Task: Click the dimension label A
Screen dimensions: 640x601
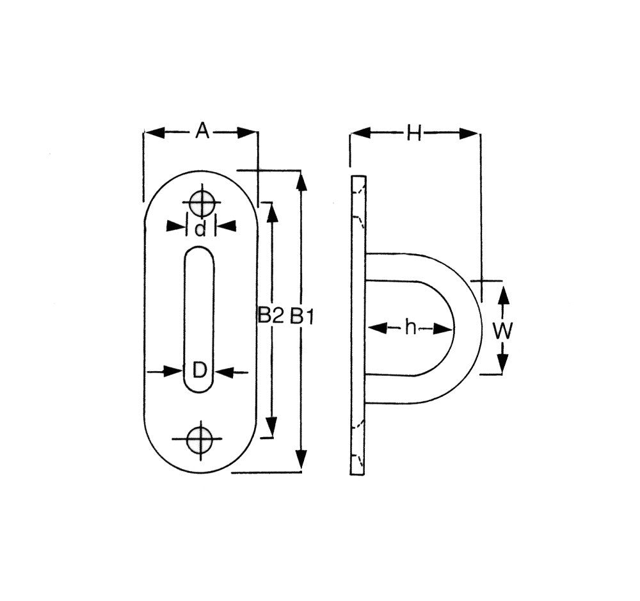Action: pyautogui.click(x=202, y=131)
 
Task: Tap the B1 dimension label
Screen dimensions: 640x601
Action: pyautogui.click(x=302, y=316)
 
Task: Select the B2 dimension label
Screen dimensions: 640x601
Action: pyautogui.click(x=271, y=315)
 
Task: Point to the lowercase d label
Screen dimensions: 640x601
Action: pyautogui.click(x=200, y=228)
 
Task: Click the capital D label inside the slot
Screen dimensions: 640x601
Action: pyautogui.click(x=200, y=371)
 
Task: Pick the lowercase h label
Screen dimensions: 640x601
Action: pyautogui.click(x=410, y=327)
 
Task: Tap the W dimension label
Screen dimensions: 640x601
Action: pyautogui.click(x=502, y=331)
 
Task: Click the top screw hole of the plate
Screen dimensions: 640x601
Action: pyautogui.click(x=202, y=202)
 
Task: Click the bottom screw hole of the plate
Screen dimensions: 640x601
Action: pyautogui.click(x=200, y=440)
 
